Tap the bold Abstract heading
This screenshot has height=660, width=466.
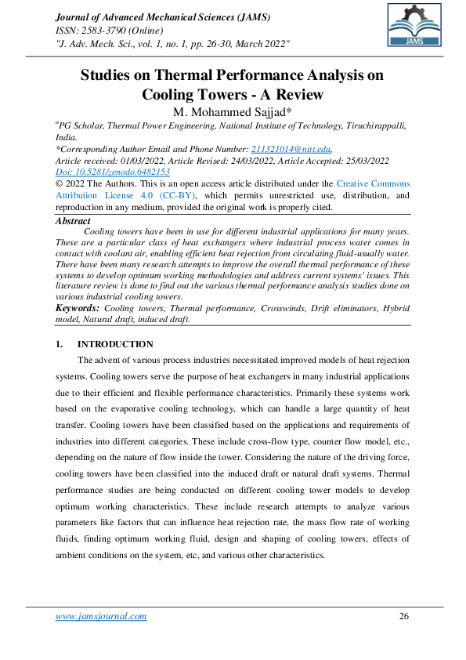73,221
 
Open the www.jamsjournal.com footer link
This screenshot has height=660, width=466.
101,616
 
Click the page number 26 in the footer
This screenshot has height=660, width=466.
404,616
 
